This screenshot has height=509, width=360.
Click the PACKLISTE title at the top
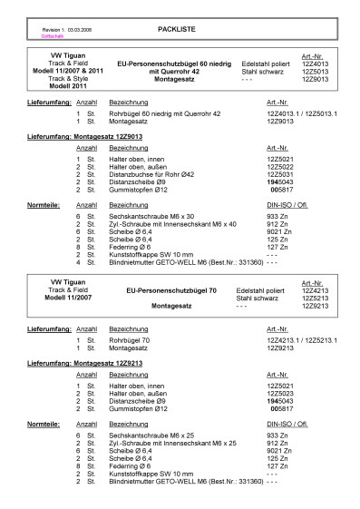click(170, 29)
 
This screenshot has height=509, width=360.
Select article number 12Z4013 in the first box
click(316, 65)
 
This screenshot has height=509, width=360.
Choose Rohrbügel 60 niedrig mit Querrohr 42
click(166, 113)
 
